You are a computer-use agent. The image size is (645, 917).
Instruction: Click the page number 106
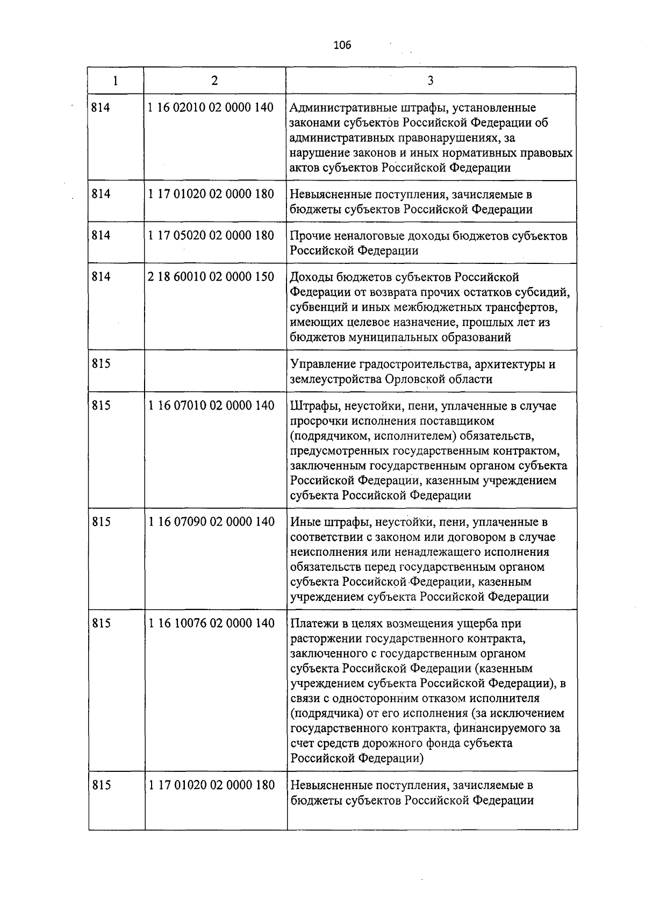342,45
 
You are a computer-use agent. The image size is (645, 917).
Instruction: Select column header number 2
214,81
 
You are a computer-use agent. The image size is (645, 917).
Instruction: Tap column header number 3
431,81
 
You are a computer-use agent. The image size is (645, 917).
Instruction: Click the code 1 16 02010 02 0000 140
211,108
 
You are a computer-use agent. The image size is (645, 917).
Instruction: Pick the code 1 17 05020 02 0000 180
211,235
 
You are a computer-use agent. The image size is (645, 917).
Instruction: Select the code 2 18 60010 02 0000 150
211,277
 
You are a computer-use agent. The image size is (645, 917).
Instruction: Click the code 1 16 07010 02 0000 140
211,405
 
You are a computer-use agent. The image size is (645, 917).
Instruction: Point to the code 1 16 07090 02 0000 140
211,521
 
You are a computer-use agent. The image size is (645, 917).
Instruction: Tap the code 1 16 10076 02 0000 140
211,623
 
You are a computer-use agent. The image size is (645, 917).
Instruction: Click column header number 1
116,81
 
